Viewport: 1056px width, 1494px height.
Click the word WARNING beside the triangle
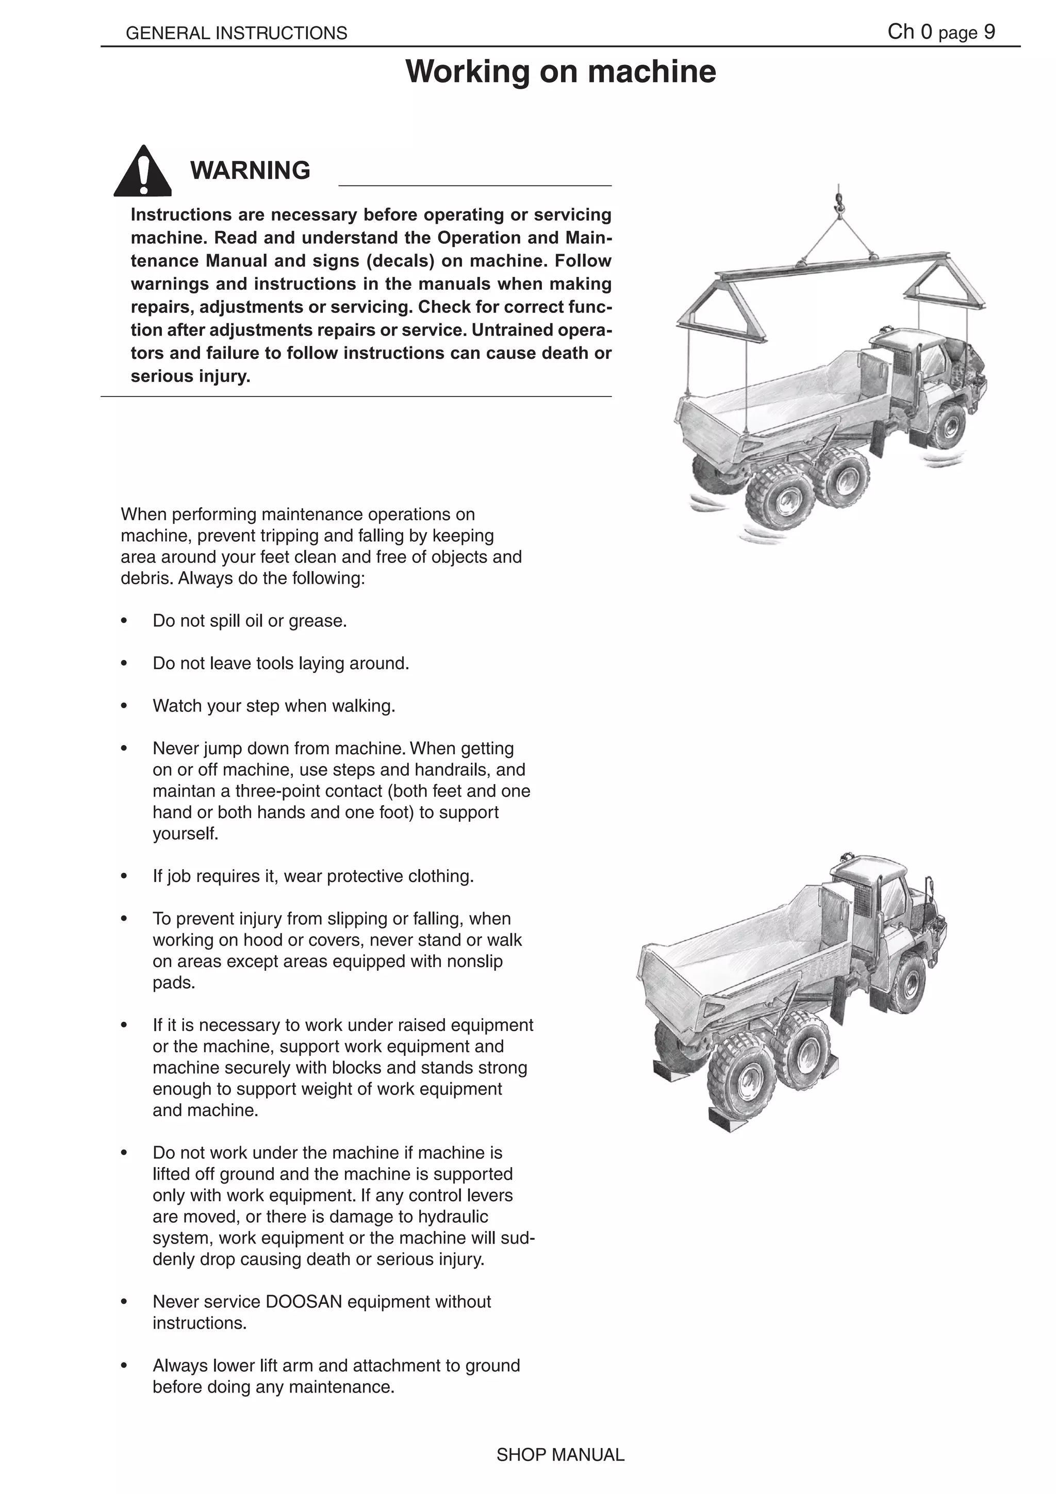250,171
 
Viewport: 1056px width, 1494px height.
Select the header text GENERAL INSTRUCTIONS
236,33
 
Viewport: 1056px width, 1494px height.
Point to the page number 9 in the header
989,32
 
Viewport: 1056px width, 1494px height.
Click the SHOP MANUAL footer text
560,1455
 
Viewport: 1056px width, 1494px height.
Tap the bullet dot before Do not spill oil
124,621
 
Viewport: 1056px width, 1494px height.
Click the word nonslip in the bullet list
472,962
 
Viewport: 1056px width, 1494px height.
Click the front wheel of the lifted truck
944,426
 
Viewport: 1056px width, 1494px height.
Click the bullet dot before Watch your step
124,707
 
